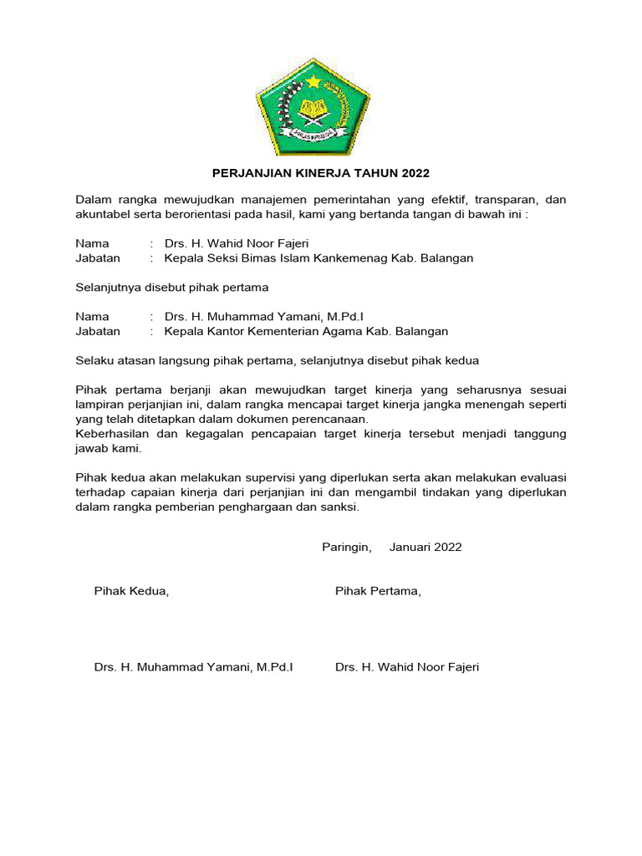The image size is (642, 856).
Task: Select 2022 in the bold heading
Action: point(415,174)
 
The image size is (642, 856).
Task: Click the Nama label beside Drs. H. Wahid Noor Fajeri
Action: point(92,244)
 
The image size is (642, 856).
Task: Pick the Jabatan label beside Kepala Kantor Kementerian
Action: point(98,331)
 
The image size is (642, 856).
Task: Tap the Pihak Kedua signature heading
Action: point(131,592)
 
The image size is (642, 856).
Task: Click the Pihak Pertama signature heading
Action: point(378,592)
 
